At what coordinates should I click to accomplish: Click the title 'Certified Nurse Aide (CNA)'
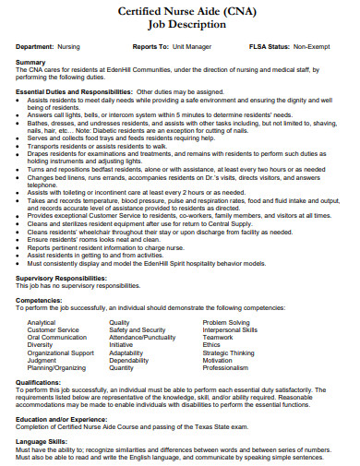[180, 10]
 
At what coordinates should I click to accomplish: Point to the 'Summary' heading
[31, 62]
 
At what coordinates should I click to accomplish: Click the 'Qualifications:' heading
[39, 381]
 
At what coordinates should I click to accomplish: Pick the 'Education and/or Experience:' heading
[63, 419]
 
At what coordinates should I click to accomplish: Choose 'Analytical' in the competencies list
[42, 323]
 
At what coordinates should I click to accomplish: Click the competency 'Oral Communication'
[56, 338]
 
